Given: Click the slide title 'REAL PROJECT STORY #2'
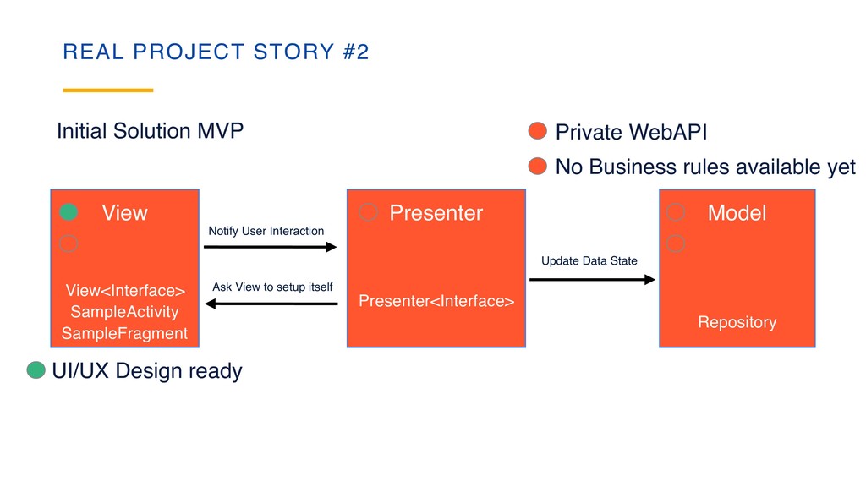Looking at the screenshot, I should click(x=216, y=52).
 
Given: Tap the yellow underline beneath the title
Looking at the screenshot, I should click(x=108, y=90).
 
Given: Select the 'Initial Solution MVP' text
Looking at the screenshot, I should click(x=150, y=131).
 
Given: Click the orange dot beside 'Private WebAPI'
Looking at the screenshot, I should click(x=537, y=131).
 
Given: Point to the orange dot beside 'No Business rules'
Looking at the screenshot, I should click(x=537, y=166).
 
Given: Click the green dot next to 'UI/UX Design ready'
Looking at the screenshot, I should click(x=36, y=370).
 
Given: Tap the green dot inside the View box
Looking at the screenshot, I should click(x=69, y=212).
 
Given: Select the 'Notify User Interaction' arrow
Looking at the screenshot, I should click(x=270, y=247).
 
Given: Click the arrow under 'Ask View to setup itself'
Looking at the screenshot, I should click(x=271, y=303).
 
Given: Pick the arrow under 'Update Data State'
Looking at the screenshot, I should click(x=592, y=279).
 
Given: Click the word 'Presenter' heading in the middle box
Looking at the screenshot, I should click(x=436, y=213).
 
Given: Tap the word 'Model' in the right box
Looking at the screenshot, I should click(x=737, y=213).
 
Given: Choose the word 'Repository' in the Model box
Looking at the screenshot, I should click(x=737, y=322).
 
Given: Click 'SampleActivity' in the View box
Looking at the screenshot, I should click(x=124, y=312).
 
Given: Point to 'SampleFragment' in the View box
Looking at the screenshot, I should click(x=124, y=333).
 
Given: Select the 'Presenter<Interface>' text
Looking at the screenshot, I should click(x=436, y=300).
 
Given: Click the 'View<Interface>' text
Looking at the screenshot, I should click(x=124, y=291).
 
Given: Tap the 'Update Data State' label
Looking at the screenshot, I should click(x=589, y=260).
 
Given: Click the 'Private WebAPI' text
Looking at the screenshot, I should click(x=631, y=132).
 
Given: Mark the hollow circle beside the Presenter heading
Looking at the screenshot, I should click(x=368, y=212).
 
